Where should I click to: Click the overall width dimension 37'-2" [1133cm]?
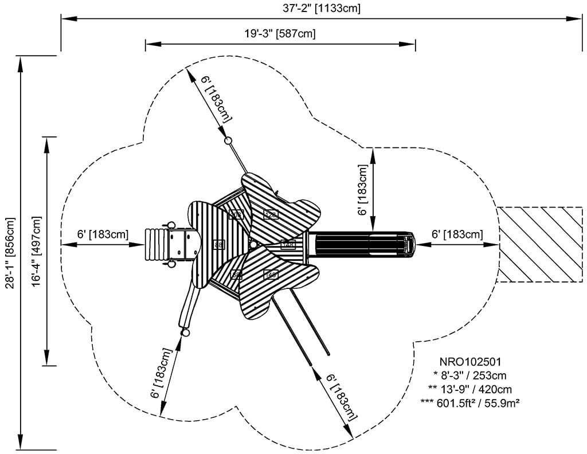325,8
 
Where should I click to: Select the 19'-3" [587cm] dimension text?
280,33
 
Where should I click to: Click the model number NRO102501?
470,362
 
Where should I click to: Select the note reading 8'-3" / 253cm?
470,375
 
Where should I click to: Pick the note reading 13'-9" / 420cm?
470,389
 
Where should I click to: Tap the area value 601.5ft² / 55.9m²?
470,403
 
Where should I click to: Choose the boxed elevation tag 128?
271,214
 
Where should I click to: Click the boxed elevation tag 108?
236,214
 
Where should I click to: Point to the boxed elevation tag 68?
236,275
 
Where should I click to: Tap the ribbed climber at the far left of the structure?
155,244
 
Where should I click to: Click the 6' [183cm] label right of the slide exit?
457,234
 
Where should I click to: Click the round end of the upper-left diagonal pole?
228,141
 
